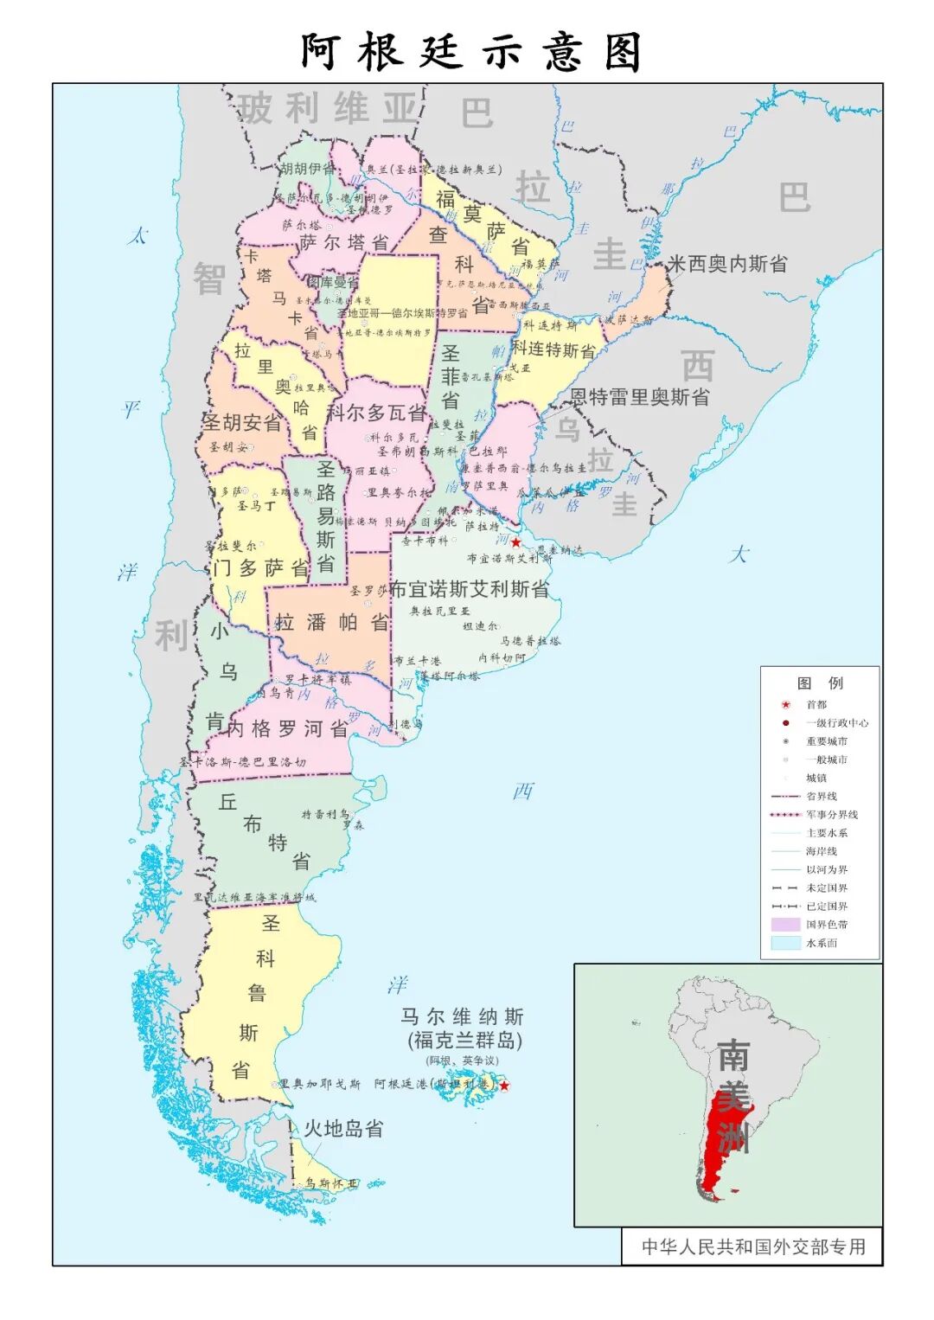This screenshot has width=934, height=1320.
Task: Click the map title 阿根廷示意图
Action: [471, 52]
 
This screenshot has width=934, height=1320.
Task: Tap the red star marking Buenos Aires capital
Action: [515, 542]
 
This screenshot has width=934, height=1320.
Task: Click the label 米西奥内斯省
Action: [727, 264]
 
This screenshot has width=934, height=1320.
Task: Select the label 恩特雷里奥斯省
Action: [639, 397]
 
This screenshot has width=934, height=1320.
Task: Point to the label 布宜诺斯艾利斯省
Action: [470, 590]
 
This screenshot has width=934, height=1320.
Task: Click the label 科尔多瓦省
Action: [377, 413]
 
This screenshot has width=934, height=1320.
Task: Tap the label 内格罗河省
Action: [288, 728]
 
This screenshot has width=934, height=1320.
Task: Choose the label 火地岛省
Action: [343, 1128]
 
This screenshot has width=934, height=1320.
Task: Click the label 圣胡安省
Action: [242, 423]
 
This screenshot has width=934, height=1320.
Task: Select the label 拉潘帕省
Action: [332, 622]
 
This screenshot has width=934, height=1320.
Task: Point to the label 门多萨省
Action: [261, 568]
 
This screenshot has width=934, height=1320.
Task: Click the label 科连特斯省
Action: [553, 349]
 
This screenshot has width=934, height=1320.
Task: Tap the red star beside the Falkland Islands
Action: [505, 1085]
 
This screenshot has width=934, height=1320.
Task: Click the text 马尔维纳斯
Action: [462, 1016]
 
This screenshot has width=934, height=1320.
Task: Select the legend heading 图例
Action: [820, 682]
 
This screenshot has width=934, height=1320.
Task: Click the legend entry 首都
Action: [816, 704]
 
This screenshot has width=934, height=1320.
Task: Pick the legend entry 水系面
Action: [821, 943]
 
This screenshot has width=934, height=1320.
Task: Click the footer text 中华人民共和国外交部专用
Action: [753, 1246]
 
